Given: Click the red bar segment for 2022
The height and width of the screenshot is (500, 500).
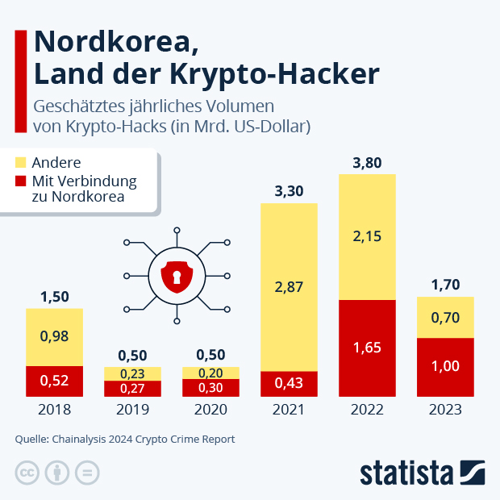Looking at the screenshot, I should coord(367,348).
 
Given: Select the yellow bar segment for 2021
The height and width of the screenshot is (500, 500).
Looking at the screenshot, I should coord(289,286).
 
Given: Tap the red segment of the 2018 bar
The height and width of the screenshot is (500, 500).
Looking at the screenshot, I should coord(54,381).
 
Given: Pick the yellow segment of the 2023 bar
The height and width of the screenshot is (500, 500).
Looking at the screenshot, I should coord(445,317).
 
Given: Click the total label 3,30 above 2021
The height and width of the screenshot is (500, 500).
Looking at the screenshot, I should coord(289,192).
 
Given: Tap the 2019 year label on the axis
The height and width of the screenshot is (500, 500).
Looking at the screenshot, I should coord(132,410).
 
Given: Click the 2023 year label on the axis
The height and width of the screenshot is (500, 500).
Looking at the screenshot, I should coord(445,410).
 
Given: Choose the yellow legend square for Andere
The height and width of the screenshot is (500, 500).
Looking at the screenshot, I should coord(20,163).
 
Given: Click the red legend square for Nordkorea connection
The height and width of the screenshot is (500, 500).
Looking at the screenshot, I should coord(20,181).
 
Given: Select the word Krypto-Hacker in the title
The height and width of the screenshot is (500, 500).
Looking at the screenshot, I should coord(275,74).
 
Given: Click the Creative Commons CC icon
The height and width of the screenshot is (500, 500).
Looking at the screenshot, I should coord(27,473).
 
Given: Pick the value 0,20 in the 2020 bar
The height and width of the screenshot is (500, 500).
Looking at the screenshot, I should coord(210,373).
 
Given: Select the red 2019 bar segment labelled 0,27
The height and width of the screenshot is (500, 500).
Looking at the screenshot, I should coord(132,389).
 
